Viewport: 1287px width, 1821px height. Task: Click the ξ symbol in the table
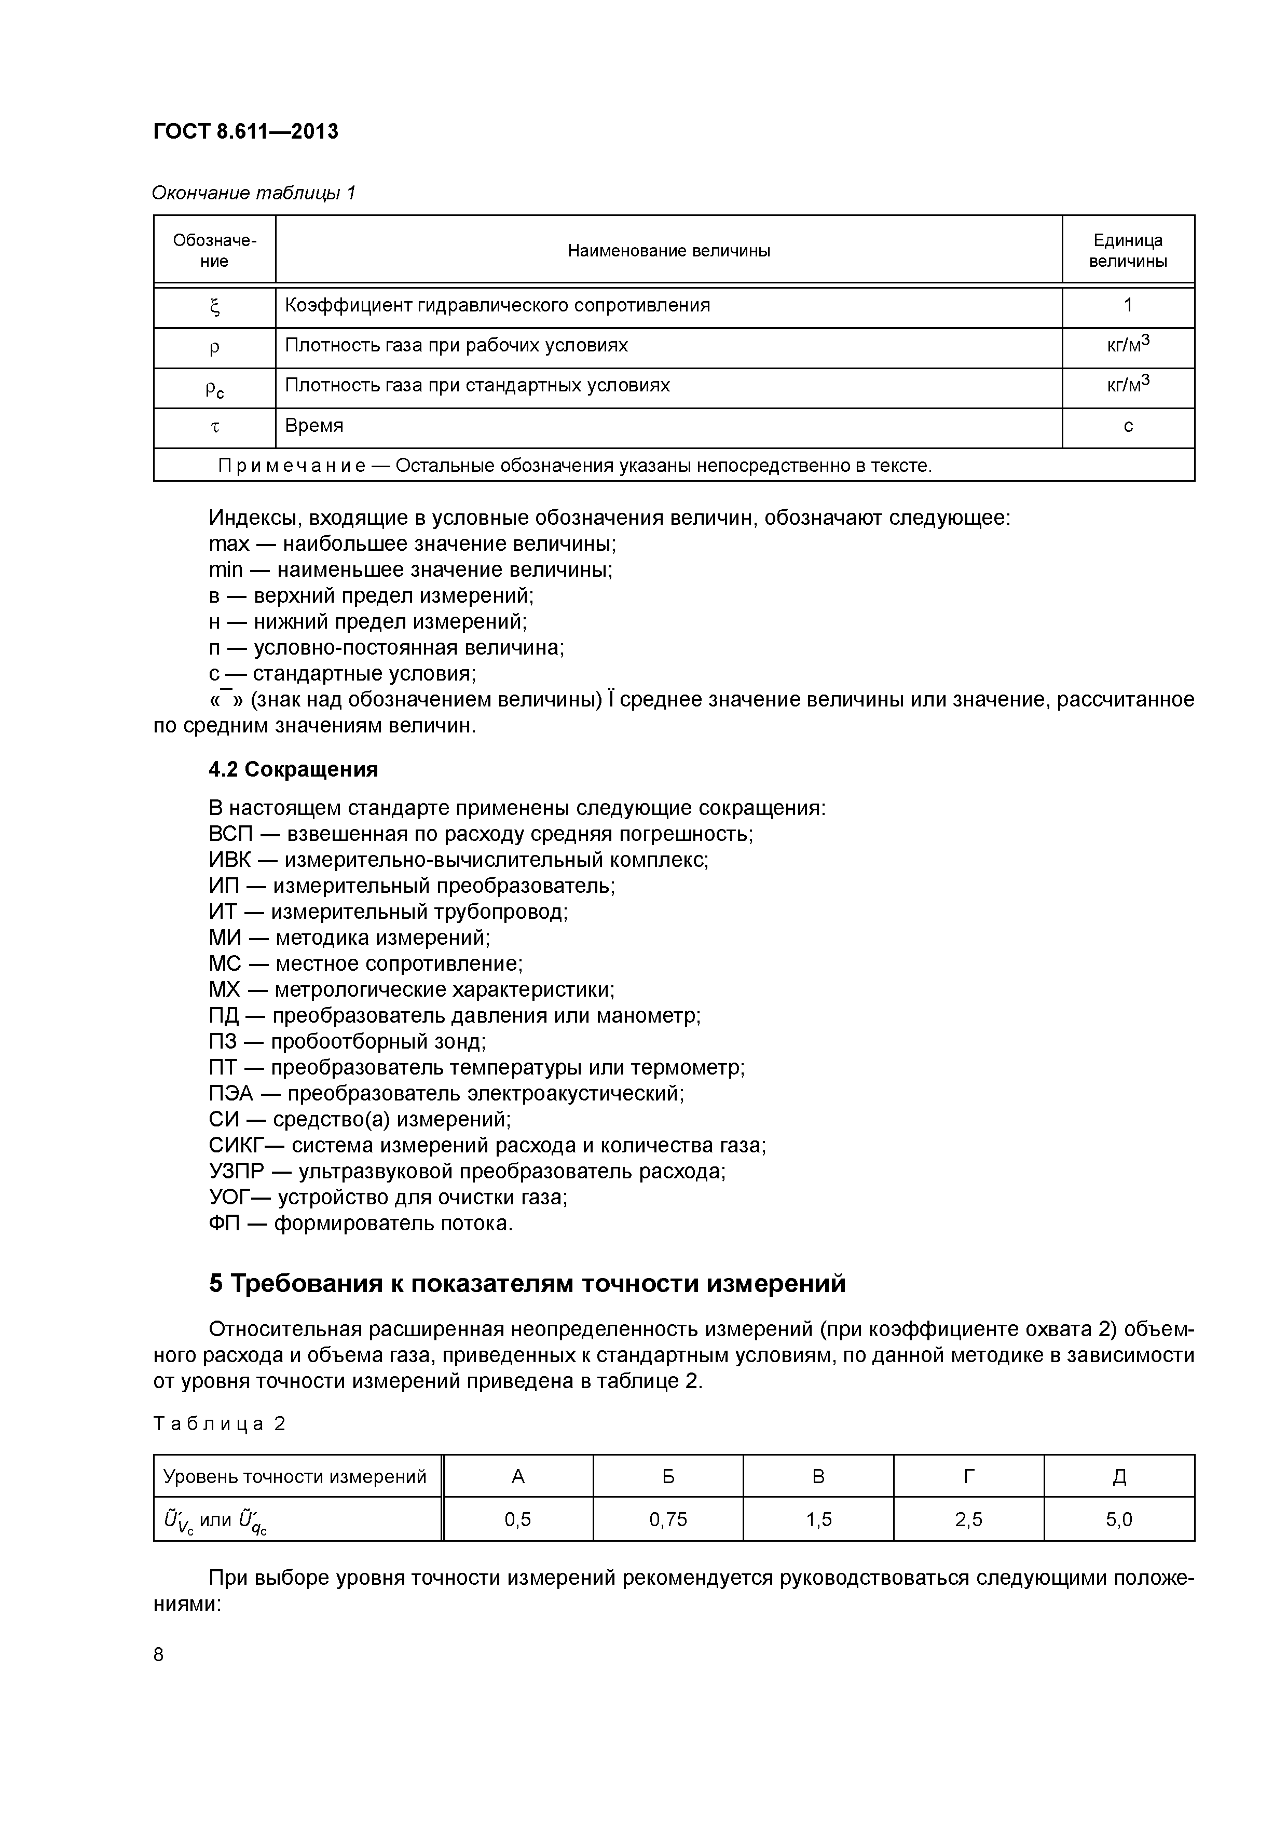coord(214,307)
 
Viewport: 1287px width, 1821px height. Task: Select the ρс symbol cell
coord(214,389)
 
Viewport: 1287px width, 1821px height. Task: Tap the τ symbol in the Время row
coord(214,428)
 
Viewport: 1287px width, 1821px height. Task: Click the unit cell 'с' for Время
coord(1128,427)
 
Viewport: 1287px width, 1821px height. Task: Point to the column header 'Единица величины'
coord(1128,251)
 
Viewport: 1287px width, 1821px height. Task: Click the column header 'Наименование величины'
coord(668,251)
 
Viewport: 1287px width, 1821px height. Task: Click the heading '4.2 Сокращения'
coord(293,769)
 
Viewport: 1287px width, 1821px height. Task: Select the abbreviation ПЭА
coord(231,1094)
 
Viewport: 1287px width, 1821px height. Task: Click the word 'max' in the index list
coord(228,544)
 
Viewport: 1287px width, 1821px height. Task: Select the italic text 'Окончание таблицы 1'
coord(254,193)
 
